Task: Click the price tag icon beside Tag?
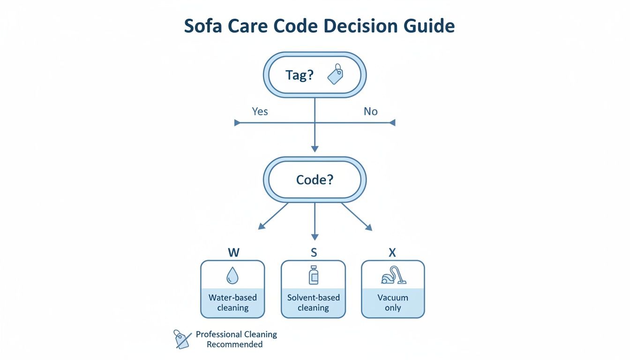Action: pos(336,75)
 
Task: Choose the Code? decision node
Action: pos(314,180)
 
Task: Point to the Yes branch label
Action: pos(260,112)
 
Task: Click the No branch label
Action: pos(370,112)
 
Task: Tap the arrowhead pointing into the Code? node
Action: pos(315,148)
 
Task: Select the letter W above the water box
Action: pos(233,253)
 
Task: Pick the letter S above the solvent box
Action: pos(314,253)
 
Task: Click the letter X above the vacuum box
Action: pos(392,253)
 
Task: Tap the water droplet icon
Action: pos(232,276)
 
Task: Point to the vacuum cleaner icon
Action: pos(393,276)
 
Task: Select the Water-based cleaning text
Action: pos(232,303)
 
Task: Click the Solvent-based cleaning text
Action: pos(313,303)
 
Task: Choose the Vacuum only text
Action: pos(393,303)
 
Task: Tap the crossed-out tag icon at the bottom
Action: pos(182,338)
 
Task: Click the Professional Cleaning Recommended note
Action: pos(236,339)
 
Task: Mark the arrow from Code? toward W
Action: pos(273,216)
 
